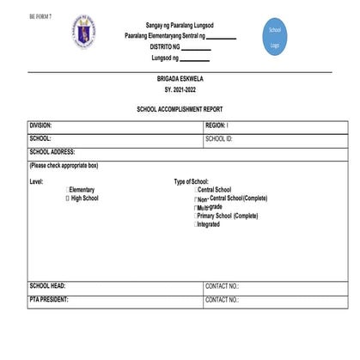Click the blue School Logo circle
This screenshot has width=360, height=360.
click(x=275, y=36)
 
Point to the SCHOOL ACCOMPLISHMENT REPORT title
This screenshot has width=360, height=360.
click(x=180, y=111)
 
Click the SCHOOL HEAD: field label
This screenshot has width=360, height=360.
click(x=47, y=286)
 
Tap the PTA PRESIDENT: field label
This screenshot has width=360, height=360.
click(x=49, y=300)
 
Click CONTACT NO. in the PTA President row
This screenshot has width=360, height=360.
click(x=223, y=300)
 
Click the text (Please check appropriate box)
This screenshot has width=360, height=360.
click(x=64, y=165)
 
